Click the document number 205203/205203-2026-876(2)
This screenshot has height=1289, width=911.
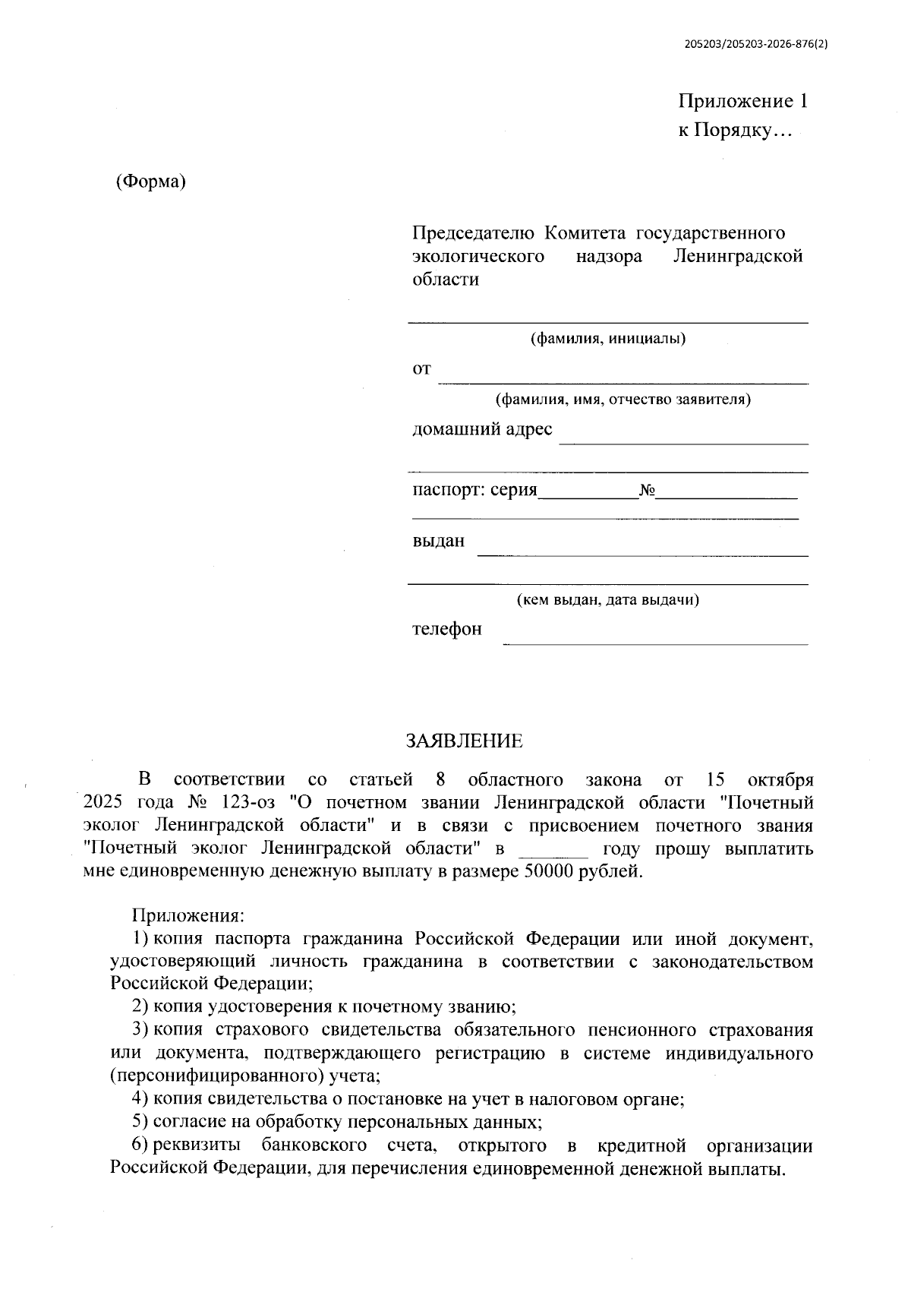[755, 44]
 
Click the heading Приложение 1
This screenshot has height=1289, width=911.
[742, 101]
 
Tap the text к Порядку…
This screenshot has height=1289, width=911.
[734, 131]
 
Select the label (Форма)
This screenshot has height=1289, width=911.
[150, 182]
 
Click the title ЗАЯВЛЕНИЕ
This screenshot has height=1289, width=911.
[464, 741]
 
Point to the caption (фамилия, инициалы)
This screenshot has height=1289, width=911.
[607, 339]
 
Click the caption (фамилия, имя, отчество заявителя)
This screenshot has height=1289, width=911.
[623, 400]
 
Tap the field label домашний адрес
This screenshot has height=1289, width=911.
[482, 429]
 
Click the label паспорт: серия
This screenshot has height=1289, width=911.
[474, 490]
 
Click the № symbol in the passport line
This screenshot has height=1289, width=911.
[647, 491]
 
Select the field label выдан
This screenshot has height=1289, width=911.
[438, 542]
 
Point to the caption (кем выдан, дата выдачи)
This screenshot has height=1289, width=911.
[607, 600]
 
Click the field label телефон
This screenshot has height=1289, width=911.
[446, 630]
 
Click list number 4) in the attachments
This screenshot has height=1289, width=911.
[140, 1098]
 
